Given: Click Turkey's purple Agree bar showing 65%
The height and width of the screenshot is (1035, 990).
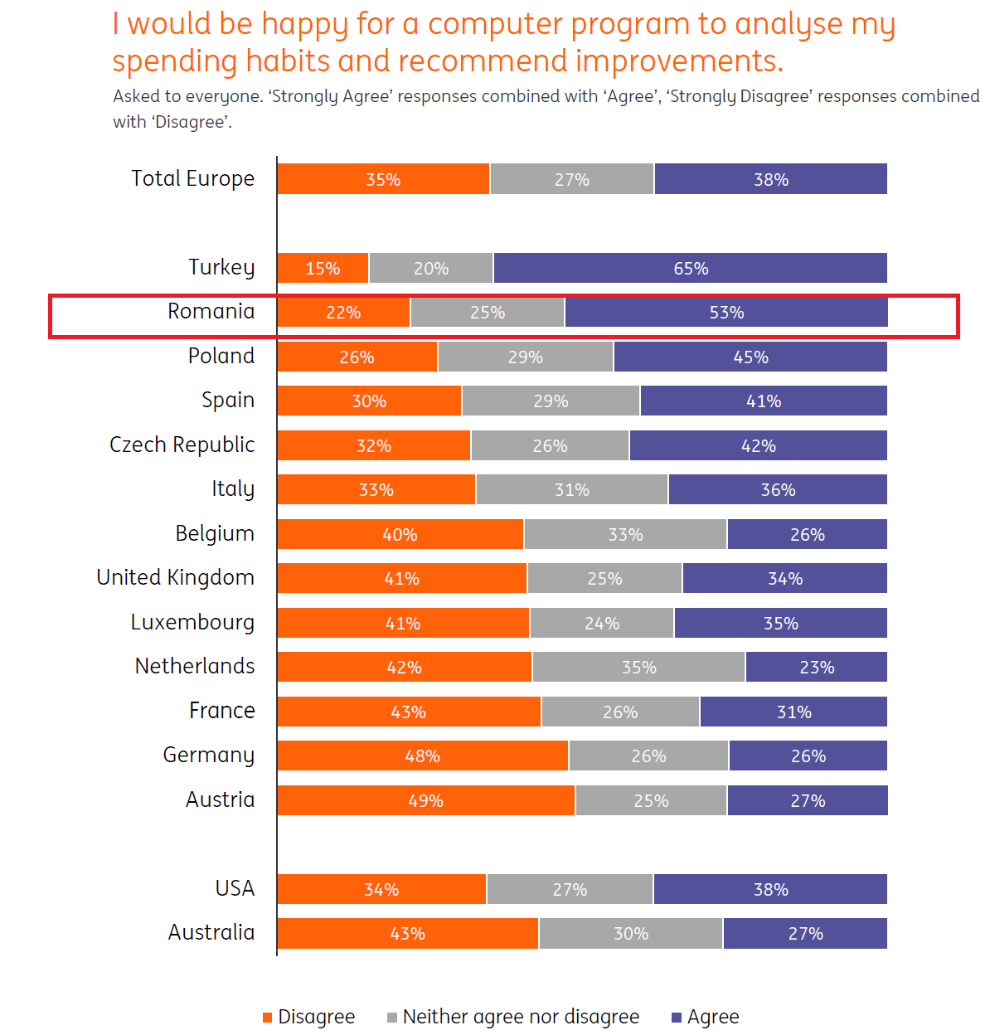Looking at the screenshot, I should [x=690, y=268].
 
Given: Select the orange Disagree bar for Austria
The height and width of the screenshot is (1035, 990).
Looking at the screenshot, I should [x=425, y=800].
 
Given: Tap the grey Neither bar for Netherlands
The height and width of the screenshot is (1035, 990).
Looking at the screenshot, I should [x=638, y=667].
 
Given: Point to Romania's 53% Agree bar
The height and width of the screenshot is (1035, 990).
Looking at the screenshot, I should [x=726, y=313].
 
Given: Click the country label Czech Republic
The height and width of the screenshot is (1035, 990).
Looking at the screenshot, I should [x=182, y=445].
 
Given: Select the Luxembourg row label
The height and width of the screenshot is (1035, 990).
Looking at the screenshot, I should [x=192, y=622].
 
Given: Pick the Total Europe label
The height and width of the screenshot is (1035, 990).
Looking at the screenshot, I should [x=192, y=178].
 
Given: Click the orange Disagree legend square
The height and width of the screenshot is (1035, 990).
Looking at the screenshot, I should [x=267, y=1018].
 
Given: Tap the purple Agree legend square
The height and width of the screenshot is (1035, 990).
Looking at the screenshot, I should [x=677, y=1018].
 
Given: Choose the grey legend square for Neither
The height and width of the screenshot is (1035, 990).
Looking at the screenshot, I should [x=392, y=1018].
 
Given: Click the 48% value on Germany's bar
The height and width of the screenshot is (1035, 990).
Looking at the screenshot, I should [x=422, y=756].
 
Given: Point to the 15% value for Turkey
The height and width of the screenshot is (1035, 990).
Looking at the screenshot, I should [x=323, y=269].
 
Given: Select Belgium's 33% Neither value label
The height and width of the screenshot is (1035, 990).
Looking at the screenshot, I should [x=625, y=535].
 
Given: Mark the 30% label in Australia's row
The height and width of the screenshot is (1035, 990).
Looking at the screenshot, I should [x=631, y=934].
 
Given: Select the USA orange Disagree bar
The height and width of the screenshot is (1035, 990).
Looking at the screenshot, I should [x=381, y=889].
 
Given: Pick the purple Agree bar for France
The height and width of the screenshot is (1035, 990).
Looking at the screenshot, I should [x=793, y=712].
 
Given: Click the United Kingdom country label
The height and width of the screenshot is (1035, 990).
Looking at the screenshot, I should [x=175, y=577].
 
